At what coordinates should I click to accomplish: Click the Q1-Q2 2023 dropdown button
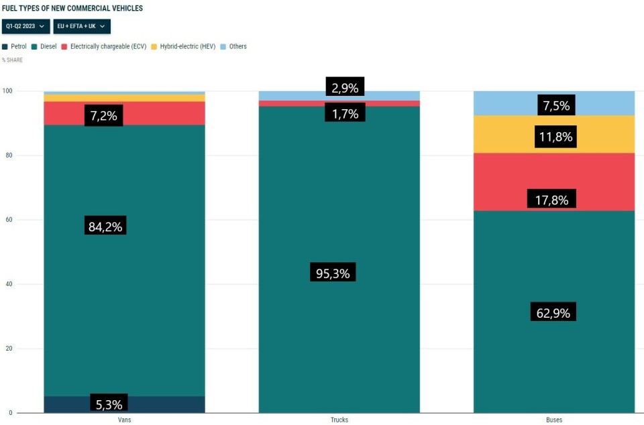[x=25, y=26]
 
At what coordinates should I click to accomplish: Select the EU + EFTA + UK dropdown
[x=82, y=26]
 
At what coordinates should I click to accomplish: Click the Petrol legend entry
[x=15, y=47]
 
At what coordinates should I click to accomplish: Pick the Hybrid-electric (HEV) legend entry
[x=183, y=47]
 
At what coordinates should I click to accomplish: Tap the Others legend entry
[x=233, y=47]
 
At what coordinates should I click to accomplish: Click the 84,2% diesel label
[x=105, y=227]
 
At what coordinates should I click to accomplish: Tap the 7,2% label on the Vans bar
[x=103, y=115]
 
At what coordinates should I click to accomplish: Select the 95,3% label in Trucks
[x=333, y=273]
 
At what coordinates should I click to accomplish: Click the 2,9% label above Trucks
[x=345, y=87]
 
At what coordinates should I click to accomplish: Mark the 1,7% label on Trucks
[x=345, y=113]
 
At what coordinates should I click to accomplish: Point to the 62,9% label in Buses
[x=553, y=312]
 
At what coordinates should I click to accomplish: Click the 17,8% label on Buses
[x=553, y=199]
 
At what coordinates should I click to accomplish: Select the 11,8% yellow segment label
[x=555, y=137]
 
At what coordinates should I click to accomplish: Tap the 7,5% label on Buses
[x=555, y=105]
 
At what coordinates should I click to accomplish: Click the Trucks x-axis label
[x=339, y=420]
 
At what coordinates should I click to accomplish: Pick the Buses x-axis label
[x=554, y=420]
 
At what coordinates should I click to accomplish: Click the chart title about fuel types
[x=72, y=8]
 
